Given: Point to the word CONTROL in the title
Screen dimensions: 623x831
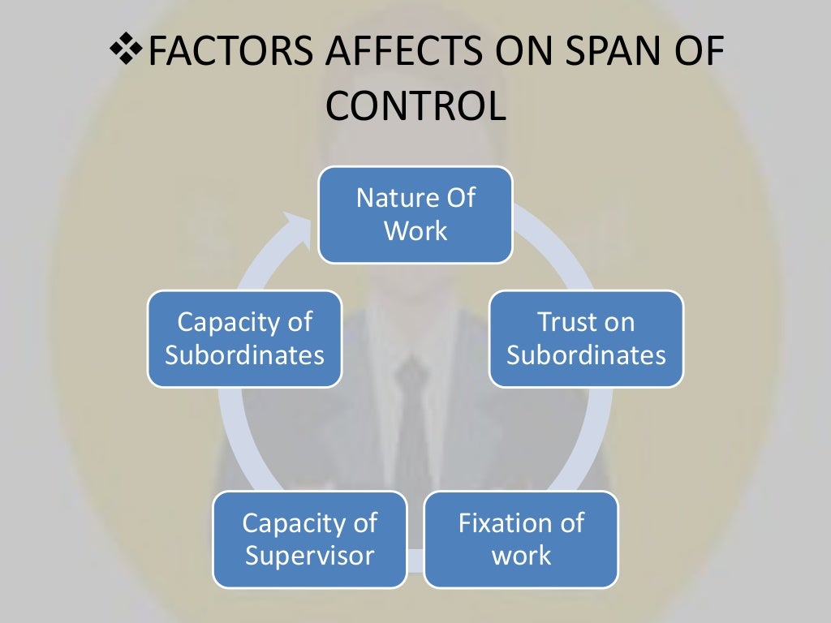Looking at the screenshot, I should (415, 106).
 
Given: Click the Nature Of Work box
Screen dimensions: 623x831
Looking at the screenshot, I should (415, 215).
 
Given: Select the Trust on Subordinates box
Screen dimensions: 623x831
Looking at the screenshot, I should (586, 338).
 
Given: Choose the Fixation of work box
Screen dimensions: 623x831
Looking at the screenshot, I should (520, 539).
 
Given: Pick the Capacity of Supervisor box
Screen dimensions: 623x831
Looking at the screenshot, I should (309, 539).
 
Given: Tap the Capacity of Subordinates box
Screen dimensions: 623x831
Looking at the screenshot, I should (244, 338).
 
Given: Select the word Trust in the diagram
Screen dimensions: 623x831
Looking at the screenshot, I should (563, 322).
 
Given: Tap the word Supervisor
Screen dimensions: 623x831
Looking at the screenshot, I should (309, 556).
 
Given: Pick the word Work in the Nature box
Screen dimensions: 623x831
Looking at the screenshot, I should (415, 231).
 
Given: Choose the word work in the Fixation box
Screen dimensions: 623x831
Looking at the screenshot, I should (521, 556).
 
